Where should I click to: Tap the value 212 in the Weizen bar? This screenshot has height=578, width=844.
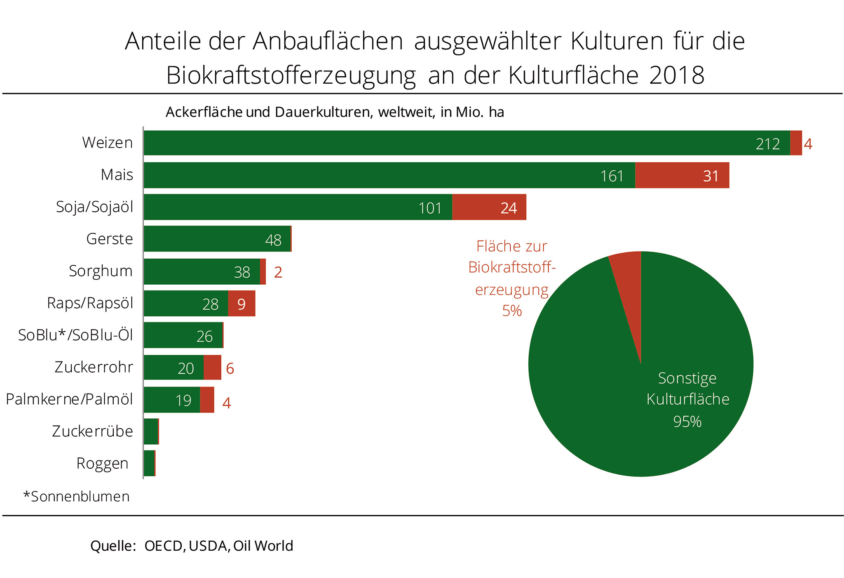click(x=767, y=144)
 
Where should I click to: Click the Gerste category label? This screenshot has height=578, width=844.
click(x=109, y=239)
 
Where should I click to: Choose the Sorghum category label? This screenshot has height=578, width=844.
click(x=101, y=271)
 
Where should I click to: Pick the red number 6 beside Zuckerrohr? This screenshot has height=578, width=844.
click(x=230, y=368)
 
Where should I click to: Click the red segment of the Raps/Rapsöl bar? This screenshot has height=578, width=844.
click(x=241, y=304)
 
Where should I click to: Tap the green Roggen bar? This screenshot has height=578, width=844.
click(x=149, y=463)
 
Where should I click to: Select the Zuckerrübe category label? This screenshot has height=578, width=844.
click(x=92, y=431)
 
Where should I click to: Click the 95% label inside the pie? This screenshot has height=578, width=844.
click(x=687, y=422)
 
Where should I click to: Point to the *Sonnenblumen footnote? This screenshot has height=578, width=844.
click(x=76, y=496)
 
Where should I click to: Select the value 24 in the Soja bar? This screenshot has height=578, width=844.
click(x=509, y=208)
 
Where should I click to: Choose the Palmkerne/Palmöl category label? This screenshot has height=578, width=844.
click(x=69, y=399)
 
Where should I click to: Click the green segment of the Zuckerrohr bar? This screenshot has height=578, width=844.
click(x=173, y=367)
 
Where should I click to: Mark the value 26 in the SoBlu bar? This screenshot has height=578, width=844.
click(x=204, y=336)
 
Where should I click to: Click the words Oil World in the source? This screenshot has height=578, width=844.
click(x=263, y=546)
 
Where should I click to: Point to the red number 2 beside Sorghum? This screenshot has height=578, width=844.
click(x=278, y=272)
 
